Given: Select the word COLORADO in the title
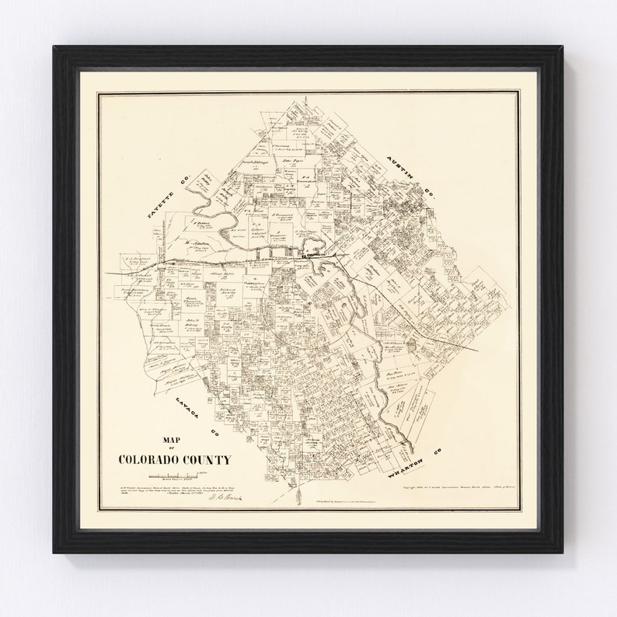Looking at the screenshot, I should click(x=148, y=459).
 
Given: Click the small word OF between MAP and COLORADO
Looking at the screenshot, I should click(x=173, y=447).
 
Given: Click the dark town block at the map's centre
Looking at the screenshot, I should click(x=315, y=253).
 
